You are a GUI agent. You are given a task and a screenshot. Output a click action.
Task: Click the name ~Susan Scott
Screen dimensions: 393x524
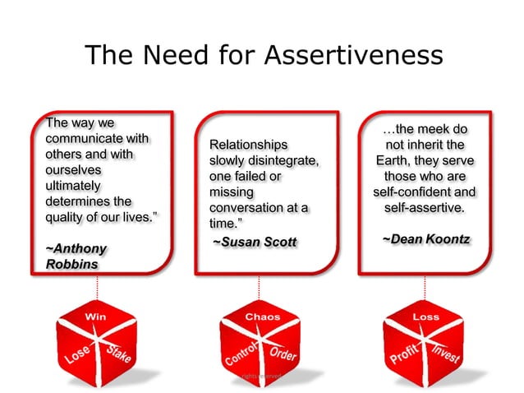(254, 242)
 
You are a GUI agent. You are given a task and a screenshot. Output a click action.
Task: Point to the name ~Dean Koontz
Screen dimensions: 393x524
(425, 238)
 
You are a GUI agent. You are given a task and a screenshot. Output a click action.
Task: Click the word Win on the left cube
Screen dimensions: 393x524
(96, 317)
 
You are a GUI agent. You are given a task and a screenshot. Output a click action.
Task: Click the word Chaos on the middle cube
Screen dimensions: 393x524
(262, 317)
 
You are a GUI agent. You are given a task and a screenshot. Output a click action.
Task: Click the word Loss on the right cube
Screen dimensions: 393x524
(425, 317)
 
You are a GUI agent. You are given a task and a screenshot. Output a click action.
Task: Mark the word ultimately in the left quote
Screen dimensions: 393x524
(73, 186)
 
